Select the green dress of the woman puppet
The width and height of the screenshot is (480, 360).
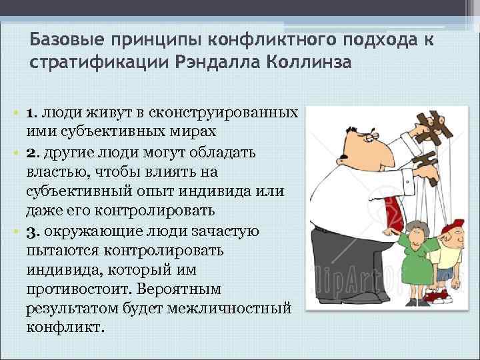pos(414,267)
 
